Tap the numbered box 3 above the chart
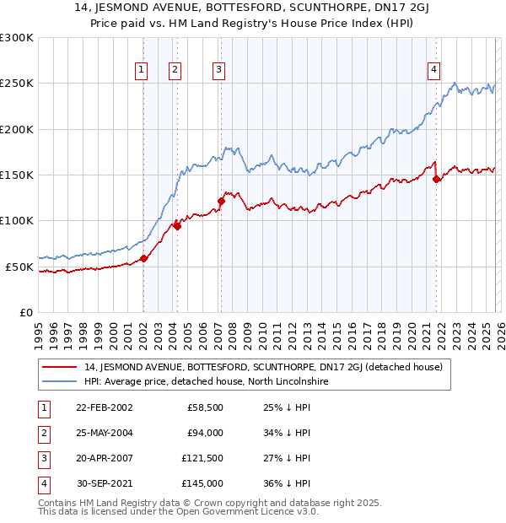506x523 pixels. coord(218,70)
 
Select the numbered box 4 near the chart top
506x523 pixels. coord(433,70)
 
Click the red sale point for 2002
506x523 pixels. coord(144,259)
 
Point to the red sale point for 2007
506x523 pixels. coord(221,201)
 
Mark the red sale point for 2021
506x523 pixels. coord(436,179)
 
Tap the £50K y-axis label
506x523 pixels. coord(19,267)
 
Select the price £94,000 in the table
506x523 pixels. coord(205,433)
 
